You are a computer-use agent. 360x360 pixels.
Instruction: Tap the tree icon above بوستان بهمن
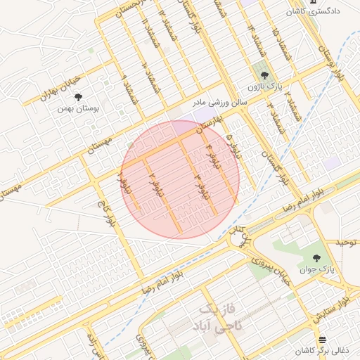[x=78, y=97]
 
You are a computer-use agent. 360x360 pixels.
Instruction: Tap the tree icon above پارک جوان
[x=316, y=258]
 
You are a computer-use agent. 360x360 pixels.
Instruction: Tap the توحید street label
[x=346, y=243]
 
